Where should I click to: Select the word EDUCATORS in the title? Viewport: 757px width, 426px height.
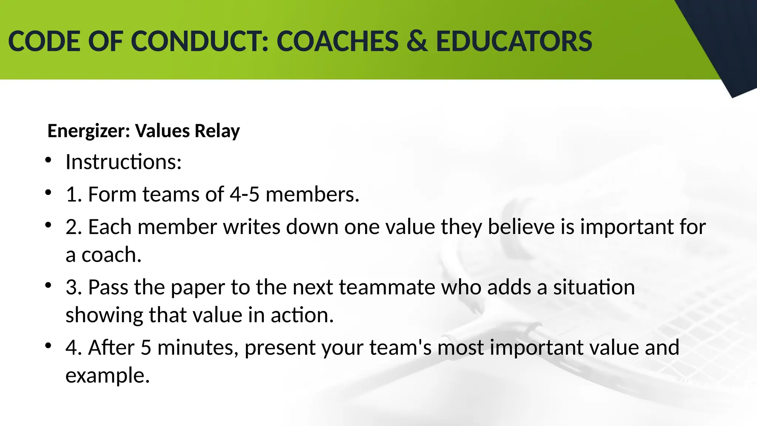[514, 41]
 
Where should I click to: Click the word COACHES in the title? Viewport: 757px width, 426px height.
[337, 41]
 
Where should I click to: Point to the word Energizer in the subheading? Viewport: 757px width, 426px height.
[89, 131]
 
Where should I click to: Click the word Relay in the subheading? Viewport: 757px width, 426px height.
[217, 131]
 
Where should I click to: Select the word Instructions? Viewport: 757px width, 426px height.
[123, 162]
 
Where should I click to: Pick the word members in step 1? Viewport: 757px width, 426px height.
[312, 194]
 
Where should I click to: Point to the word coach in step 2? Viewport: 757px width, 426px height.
[111, 255]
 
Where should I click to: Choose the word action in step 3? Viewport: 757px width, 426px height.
[302, 315]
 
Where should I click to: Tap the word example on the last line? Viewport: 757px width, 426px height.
[107, 376]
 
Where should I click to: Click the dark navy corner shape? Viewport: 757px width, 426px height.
[724, 41]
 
